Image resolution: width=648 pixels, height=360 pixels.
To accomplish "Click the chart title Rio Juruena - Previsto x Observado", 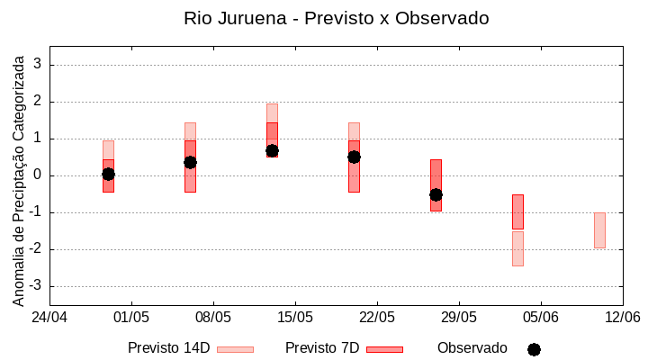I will click(x=336, y=18).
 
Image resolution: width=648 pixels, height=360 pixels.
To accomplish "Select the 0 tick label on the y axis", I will click(x=38, y=175).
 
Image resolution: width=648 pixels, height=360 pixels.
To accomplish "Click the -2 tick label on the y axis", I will click(x=34, y=249).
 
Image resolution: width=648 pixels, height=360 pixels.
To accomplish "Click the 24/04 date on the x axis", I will click(x=49, y=317).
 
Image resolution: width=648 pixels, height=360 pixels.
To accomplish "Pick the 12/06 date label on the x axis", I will click(x=622, y=317).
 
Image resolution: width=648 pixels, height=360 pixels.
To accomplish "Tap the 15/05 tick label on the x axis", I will click(x=294, y=317).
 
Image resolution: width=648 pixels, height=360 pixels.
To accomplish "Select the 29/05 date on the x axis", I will click(x=458, y=317).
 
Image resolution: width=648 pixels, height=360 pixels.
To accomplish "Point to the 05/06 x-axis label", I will click(x=540, y=317).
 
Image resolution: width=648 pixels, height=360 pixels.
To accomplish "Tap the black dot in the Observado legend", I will click(x=534, y=349).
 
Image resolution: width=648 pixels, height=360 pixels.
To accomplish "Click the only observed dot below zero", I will click(x=436, y=194).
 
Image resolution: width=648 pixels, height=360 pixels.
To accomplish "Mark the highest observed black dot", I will click(x=272, y=151).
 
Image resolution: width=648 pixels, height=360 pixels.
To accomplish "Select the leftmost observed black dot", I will click(x=108, y=174).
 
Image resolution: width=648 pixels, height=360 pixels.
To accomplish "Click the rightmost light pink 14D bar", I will click(x=599, y=230).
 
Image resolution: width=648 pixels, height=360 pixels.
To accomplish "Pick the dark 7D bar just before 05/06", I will click(x=517, y=211).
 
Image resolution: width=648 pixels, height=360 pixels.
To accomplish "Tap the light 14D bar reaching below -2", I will click(x=517, y=248).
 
